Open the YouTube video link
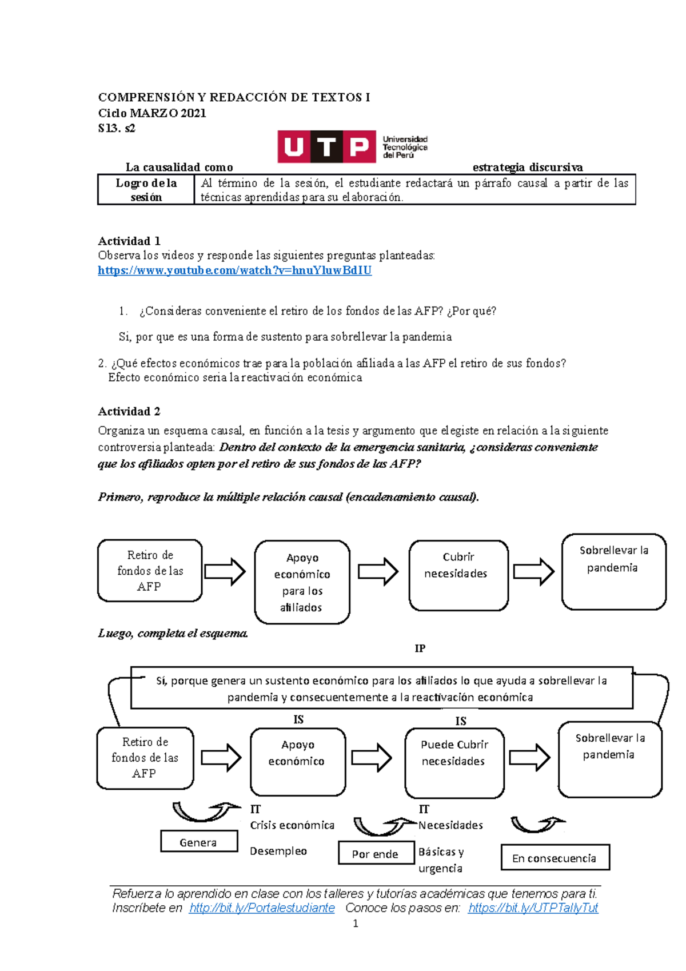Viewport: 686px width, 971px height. (234, 270)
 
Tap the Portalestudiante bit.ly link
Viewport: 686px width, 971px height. (262, 908)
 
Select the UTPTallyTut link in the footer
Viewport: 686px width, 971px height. (533, 908)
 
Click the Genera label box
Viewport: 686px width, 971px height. (199, 842)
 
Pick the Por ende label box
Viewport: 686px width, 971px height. (376, 853)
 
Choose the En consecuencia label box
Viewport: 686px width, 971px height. (555, 858)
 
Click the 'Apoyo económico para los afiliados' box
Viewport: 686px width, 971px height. (302, 582)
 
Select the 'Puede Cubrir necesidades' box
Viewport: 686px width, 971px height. (454, 763)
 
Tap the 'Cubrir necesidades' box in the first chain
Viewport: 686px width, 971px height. (458, 575)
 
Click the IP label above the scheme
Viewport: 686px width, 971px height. (420, 648)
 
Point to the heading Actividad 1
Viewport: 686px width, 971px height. (129, 241)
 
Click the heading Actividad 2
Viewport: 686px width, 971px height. (129, 411)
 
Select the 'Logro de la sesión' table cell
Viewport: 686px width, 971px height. (146, 190)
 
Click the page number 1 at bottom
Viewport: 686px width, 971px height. (356, 924)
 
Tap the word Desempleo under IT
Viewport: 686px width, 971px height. (278, 851)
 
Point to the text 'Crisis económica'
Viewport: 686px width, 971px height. (292, 825)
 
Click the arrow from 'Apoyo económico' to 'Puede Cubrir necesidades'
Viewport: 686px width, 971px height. (372, 758)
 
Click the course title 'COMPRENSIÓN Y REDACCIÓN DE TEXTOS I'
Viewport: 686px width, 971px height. (234, 97)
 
